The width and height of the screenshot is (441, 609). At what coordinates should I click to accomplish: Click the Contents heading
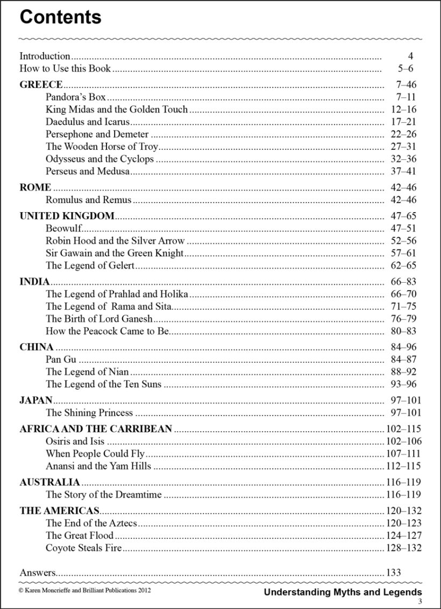(60, 17)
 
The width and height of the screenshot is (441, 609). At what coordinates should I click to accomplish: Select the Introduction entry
(45, 56)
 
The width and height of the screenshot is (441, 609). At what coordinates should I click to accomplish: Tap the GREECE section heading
(41, 85)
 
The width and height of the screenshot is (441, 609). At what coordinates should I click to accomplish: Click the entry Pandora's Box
(76, 97)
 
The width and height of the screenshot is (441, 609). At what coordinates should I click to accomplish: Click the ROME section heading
(35, 187)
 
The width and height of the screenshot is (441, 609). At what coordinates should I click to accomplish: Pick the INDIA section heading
(34, 282)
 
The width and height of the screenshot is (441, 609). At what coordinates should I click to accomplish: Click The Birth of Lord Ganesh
(99, 319)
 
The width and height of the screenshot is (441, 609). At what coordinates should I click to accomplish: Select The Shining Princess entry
(89, 413)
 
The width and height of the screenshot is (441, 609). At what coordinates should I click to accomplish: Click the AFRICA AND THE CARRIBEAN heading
(96, 429)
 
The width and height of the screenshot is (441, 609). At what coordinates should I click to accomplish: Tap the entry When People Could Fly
(95, 454)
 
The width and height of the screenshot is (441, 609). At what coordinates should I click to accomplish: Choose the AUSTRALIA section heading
(49, 482)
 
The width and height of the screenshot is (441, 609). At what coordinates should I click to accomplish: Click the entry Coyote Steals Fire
(84, 548)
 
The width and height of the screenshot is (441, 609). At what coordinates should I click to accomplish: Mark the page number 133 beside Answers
(393, 573)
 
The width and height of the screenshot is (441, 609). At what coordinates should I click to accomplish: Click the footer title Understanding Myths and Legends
(343, 592)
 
